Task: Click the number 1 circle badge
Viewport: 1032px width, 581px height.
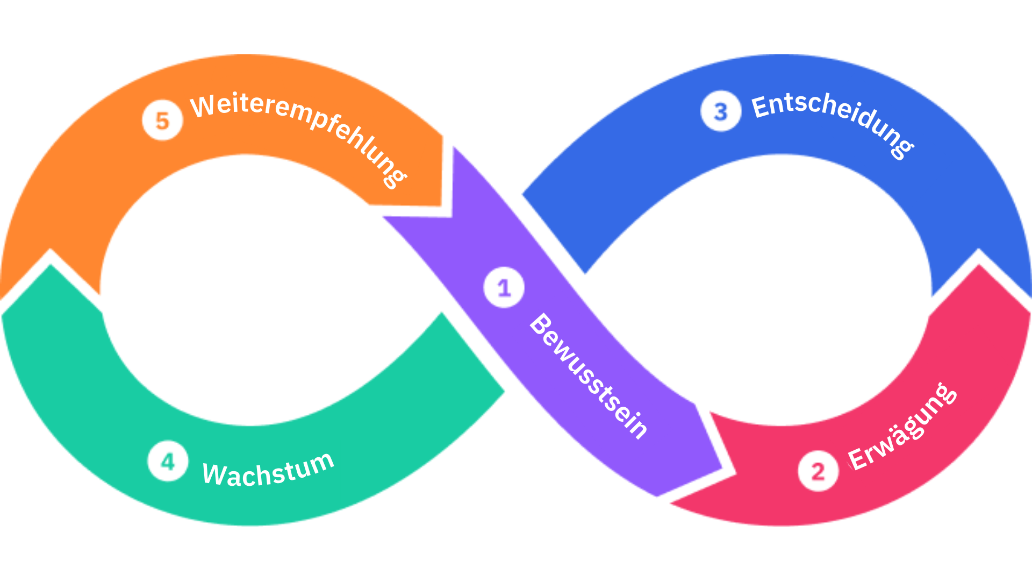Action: tap(504, 288)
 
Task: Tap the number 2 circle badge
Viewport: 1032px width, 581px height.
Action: tap(818, 471)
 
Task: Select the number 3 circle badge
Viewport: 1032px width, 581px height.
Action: tap(720, 111)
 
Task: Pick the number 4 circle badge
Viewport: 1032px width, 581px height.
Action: tap(168, 461)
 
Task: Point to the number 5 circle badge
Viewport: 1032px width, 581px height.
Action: tap(162, 121)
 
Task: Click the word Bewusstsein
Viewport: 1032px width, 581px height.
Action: tap(589, 376)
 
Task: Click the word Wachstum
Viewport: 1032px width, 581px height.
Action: tap(268, 470)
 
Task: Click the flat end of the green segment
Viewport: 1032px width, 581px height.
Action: tap(473, 352)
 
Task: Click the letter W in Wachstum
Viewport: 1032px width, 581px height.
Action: tap(213, 474)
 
